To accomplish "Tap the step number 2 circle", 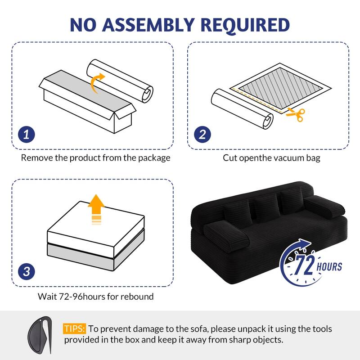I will click(x=202, y=134).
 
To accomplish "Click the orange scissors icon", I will click(x=296, y=113).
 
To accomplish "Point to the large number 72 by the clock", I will click(x=305, y=267).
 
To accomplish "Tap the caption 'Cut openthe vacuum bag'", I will click(x=271, y=158).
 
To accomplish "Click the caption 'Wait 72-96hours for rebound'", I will click(x=95, y=296).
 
